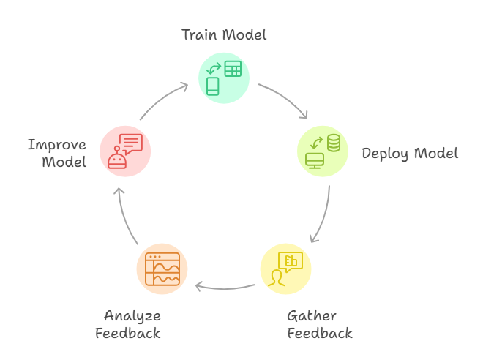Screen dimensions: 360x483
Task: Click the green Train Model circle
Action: pyautogui.click(x=224, y=78)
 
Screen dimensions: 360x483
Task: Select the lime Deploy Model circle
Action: pyautogui.click(x=323, y=151)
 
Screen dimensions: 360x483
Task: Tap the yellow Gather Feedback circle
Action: pyautogui.click(x=285, y=269)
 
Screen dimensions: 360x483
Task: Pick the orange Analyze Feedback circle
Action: pyautogui.click(x=162, y=269)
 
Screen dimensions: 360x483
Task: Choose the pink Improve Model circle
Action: pyautogui.click(x=125, y=151)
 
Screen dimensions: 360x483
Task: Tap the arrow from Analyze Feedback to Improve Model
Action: pyautogui.click(x=126, y=216)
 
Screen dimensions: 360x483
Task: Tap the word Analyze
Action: pyautogui.click(x=132, y=316)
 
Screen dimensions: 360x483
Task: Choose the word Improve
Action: pyautogui.click(x=57, y=145)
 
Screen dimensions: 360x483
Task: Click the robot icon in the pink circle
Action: pyautogui.click(x=116, y=159)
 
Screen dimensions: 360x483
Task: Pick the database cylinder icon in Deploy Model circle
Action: pyautogui.click(x=334, y=143)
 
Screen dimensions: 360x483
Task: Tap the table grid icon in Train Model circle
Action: pyautogui.click(x=233, y=70)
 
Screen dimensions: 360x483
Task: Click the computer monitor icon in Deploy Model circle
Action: pyautogui.click(x=315, y=160)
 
